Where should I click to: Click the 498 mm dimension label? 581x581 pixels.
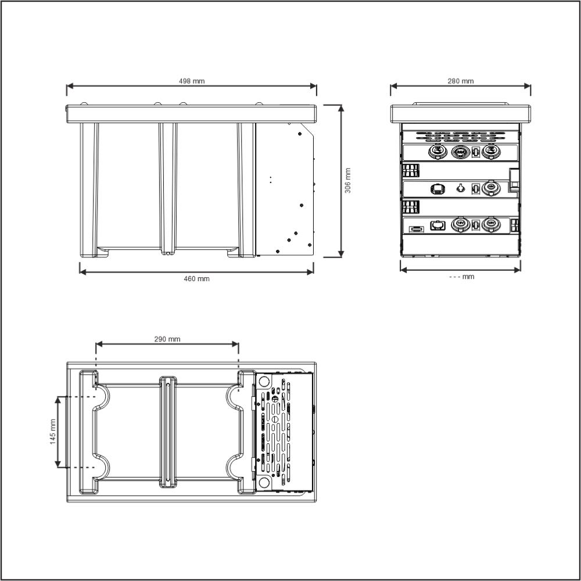191,81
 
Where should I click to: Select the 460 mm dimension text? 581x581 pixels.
196,279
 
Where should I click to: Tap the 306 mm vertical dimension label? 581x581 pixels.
347,181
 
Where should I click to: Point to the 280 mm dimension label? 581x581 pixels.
460,81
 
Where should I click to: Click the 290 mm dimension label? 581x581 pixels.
167,339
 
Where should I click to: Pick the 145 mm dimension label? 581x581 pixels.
52,431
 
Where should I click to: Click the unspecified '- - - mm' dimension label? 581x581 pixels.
462,277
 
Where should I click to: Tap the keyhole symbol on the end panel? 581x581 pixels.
461,188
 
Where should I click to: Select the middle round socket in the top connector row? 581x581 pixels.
461,152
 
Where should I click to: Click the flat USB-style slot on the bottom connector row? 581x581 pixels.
416,229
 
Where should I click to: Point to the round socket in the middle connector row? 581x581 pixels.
490,189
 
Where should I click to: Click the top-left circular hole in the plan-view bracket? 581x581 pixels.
264,382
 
